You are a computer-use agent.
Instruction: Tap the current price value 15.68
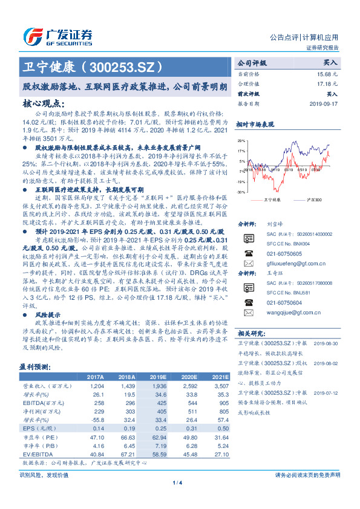point(330,74)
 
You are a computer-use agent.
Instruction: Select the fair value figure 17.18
point(330,84)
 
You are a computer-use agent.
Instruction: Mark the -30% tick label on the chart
point(241,192)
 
